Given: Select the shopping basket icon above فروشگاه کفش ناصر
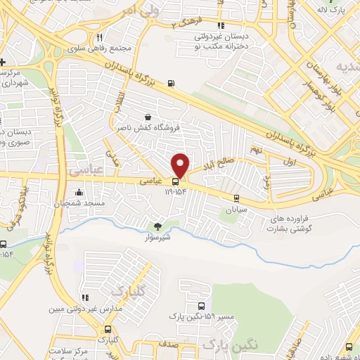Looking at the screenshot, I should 147,117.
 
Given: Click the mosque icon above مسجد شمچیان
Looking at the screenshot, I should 78,193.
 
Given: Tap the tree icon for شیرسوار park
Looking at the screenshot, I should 158,226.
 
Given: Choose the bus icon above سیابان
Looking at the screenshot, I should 236,198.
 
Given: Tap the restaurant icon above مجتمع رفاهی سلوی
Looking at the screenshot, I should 100,37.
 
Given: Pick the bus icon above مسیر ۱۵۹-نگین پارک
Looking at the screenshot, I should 202,307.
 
